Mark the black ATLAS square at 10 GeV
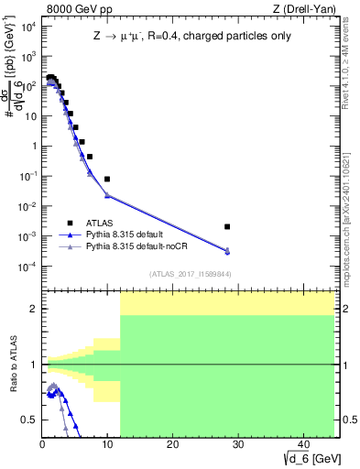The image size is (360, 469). [x=107, y=180]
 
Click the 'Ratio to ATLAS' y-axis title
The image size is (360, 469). [x=12, y=364]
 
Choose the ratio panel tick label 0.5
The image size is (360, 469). [x=29, y=420]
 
